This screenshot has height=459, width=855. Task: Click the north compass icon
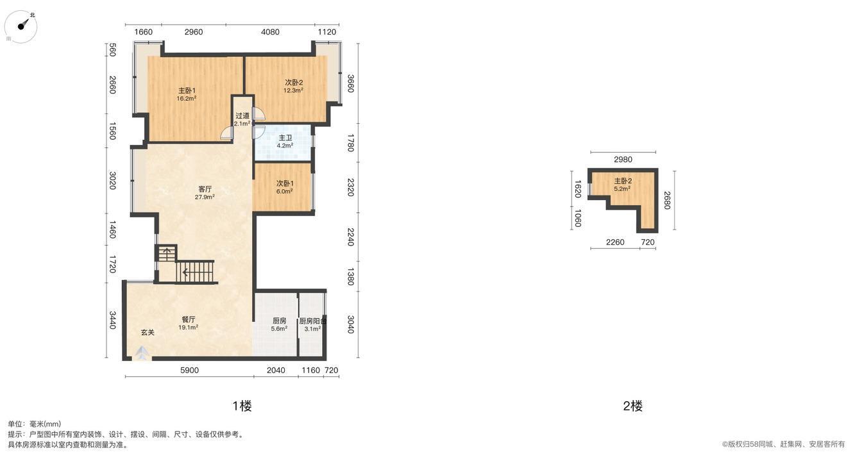[21, 26]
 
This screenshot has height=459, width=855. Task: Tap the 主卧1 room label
[187, 91]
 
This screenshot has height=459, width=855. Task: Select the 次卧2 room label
[294, 83]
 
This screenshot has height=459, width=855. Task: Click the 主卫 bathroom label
[285, 138]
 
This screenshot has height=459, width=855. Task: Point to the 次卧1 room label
[285, 184]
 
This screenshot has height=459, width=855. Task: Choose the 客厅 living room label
[205, 189]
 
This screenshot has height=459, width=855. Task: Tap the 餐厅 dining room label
[189, 319]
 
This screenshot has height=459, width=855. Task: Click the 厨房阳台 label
[312, 321]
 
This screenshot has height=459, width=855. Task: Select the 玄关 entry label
[148, 332]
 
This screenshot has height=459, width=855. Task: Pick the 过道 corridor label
[242, 115]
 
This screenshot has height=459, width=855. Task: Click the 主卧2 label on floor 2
[623, 181]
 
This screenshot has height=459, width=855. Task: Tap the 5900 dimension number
[189, 370]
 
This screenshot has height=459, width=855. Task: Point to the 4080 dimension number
[270, 32]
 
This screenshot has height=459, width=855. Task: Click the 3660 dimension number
[351, 83]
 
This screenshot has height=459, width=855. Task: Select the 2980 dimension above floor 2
[623, 160]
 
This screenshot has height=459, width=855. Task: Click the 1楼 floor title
[242, 406]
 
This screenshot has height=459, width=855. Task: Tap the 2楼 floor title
[633, 406]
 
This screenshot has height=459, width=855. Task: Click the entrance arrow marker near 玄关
[142, 353]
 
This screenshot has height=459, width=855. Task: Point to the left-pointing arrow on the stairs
[185, 272]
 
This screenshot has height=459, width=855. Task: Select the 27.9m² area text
[205, 197]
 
